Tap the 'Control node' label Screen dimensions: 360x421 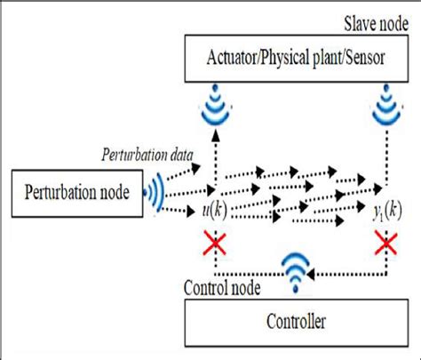click(223, 289)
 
